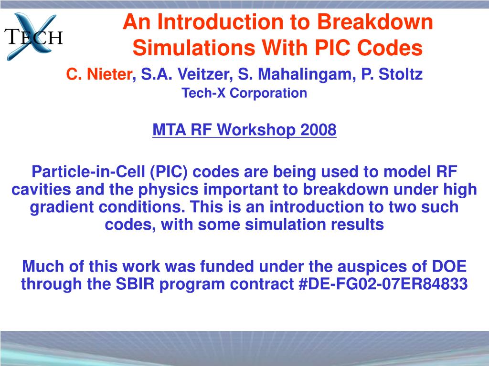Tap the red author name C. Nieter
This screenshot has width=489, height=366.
98,74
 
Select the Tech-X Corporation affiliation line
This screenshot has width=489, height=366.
244,93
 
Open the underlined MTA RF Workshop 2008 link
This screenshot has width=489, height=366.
244,130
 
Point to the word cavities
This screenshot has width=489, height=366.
42,190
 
